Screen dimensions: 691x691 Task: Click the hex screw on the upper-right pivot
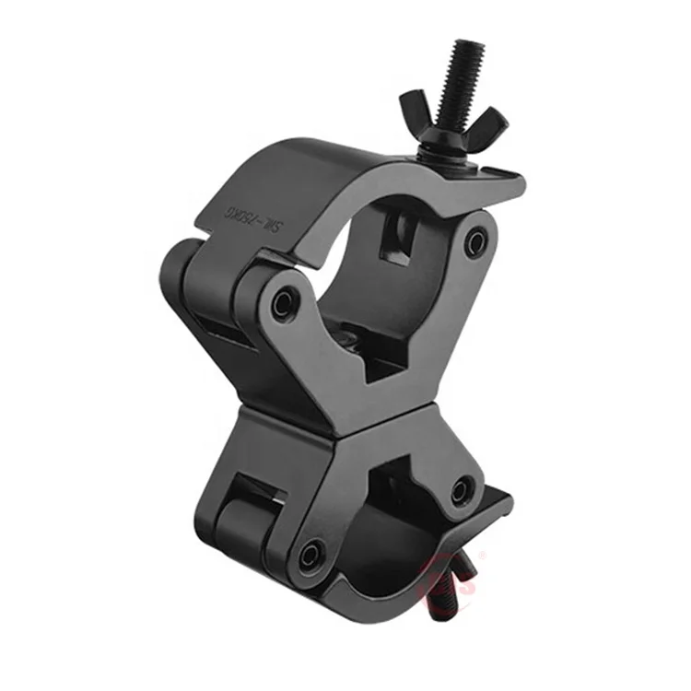474,242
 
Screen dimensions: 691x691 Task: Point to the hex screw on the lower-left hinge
312,553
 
